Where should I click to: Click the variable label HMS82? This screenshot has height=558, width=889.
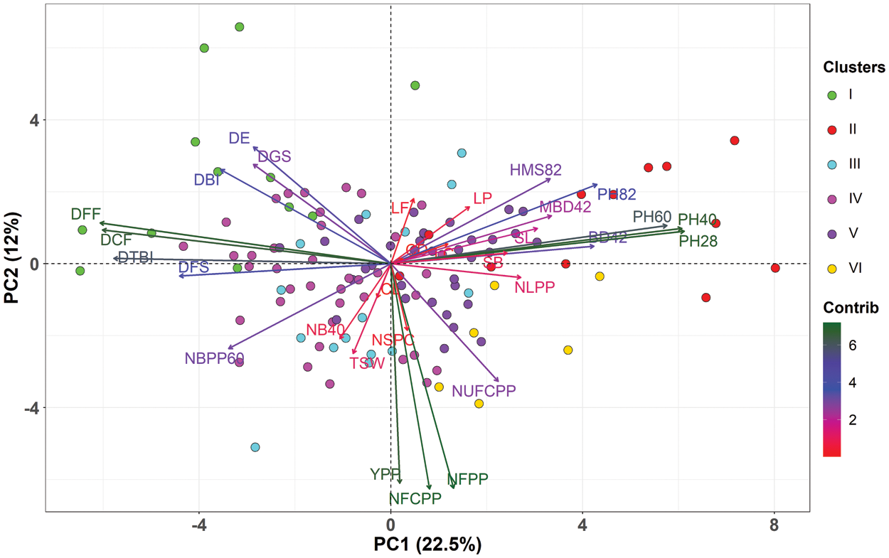pos(536,170)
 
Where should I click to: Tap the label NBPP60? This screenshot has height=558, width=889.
pos(214,358)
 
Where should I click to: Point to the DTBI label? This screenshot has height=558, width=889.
pos(136,257)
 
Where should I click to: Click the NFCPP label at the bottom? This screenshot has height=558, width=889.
pos(415,498)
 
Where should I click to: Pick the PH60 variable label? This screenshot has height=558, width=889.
pos(652,216)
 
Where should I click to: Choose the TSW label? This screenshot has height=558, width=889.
pos(367,363)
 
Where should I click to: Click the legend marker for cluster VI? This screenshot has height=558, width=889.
pos(831,268)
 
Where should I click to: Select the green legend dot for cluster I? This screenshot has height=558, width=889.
pos(831,95)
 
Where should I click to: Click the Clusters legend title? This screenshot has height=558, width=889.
pos(853,68)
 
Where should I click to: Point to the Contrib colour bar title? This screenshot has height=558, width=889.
pos(851,308)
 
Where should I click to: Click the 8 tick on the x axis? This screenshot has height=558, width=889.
pos(774,527)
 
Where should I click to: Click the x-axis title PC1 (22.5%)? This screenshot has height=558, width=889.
pos(427,545)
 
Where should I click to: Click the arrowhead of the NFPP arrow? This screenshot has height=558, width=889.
pos(453,488)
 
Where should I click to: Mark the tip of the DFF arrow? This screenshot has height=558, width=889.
pos(100,222)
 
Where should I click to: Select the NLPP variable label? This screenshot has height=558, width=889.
pos(534,287)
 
